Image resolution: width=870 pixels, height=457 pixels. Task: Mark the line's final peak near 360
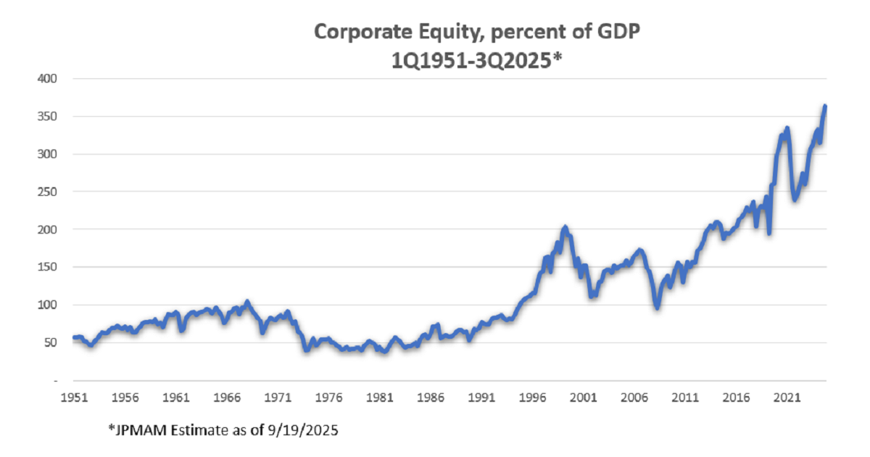tap(825, 107)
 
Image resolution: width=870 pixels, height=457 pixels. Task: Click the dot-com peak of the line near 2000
tap(565, 228)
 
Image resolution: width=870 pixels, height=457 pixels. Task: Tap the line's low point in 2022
tap(795, 199)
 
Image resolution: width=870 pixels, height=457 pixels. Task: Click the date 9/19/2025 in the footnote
tap(304, 430)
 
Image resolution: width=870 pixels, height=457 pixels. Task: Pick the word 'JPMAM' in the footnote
tap(137, 430)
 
